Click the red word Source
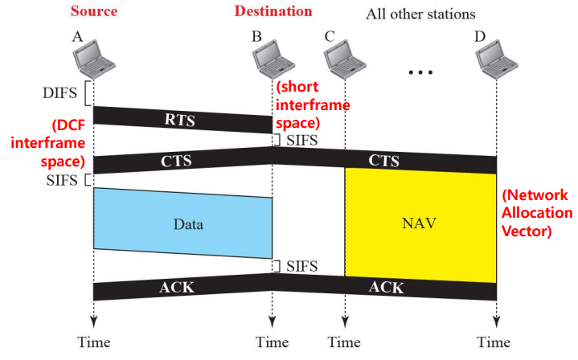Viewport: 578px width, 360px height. coord(94,12)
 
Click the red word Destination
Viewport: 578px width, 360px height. coord(273,11)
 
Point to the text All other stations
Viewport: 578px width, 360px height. coord(420,14)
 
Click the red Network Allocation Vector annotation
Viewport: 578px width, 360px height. coord(536,215)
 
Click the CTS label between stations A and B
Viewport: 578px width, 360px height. coord(177,161)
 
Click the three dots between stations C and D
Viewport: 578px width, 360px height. coord(420,73)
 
